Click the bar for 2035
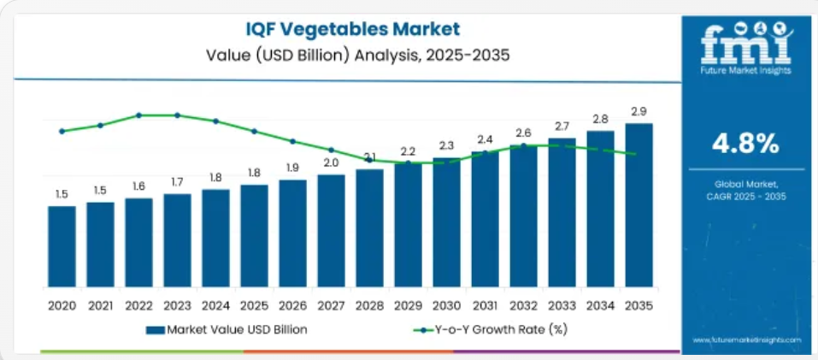pos(639,205)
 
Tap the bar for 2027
pos(331,231)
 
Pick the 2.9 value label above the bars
pos(639,112)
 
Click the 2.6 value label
pos(523,133)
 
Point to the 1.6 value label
pos(138,186)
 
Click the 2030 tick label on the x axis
pos(446,304)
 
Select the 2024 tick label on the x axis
pos(215,304)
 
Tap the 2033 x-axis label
pos(562,304)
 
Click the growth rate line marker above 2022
pos(138,115)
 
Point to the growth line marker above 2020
pos(62,131)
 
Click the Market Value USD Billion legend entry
pos(227,329)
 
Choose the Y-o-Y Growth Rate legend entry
pos(491,329)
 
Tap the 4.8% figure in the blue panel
pos(746,144)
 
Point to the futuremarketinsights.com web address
pos(746,340)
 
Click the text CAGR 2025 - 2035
pos(746,197)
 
